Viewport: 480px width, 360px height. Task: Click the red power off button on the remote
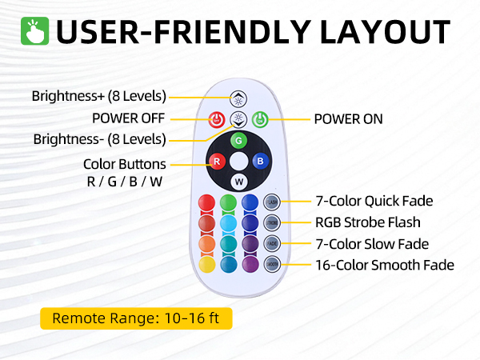pyautogui.click(x=214, y=120)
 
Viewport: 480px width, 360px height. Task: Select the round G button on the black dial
pyautogui.click(x=238, y=141)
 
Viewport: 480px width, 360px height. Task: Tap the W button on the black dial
pyautogui.click(x=238, y=182)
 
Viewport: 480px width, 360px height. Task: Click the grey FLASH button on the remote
pyautogui.click(x=272, y=202)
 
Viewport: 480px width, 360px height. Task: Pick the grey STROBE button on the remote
pyautogui.click(x=272, y=222)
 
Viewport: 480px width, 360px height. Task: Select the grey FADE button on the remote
pyautogui.click(x=272, y=243)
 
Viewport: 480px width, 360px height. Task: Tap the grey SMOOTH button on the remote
pyautogui.click(x=272, y=263)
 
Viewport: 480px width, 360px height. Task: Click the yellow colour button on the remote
pyautogui.click(x=206, y=263)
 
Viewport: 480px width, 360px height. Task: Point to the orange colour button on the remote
pyautogui.click(x=206, y=243)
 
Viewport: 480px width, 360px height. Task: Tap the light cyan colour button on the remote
pyautogui.click(x=227, y=222)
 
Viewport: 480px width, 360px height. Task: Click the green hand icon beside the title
pyautogui.click(x=38, y=32)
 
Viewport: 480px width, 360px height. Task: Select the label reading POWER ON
pyautogui.click(x=348, y=119)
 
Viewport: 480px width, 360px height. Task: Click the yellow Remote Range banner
pyautogui.click(x=135, y=318)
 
